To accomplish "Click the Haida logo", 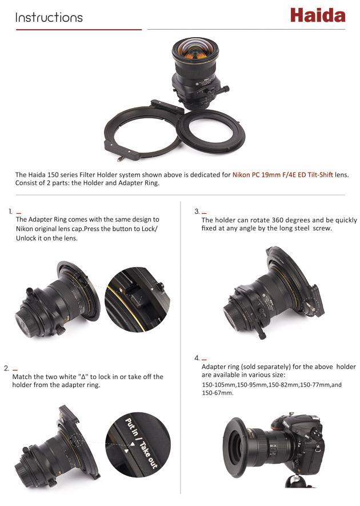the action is pyautogui.click(x=318, y=15).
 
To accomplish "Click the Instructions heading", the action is pyautogui.click(x=49, y=17).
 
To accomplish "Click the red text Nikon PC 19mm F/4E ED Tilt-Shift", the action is pyautogui.click(x=283, y=175).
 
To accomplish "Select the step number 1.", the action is pyautogui.click(x=10, y=212).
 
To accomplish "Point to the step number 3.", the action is pyautogui.click(x=197, y=212).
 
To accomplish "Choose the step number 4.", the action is pyautogui.click(x=197, y=358).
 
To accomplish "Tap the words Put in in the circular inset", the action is pyautogui.click(x=131, y=427).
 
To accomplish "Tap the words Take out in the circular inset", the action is pyautogui.click(x=149, y=455).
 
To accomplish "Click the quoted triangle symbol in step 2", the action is pyautogui.click(x=83, y=377).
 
